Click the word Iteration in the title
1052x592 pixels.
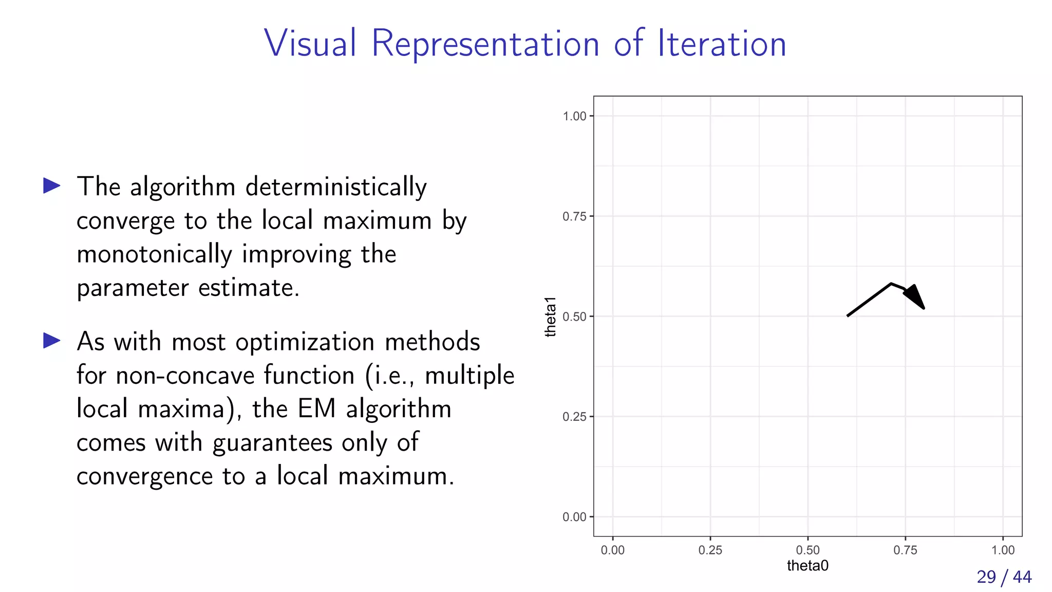pyautogui.click(x=722, y=43)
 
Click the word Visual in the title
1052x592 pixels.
pyautogui.click(x=310, y=43)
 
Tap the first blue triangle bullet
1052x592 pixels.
pyautogui.click(x=52, y=186)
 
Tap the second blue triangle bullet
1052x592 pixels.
pyautogui.click(x=52, y=340)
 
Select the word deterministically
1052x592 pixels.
pyautogui.click(x=336, y=187)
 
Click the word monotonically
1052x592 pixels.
pyautogui.click(x=154, y=254)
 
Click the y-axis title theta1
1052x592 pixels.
pyautogui.click(x=550, y=317)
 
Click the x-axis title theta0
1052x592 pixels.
pyautogui.click(x=807, y=566)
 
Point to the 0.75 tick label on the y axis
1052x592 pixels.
pyautogui.click(x=574, y=216)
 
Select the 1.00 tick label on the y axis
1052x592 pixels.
pyautogui.click(x=574, y=116)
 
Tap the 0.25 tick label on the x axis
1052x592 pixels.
pyautogui.click(x=710, y=550)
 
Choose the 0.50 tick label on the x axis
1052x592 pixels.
pyautogui.click(x=807, y=550)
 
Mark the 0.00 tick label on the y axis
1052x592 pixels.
pyautogui.click(x=574, y=517)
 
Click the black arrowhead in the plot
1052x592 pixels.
pyautogui.click(x=915, y=297)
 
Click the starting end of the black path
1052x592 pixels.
pyautogui.click(x=848, y=316)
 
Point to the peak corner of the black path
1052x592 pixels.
pyautogui.click(x=891, y=284)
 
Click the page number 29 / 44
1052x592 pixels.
pyautogui.click(x=1004, y=577)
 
